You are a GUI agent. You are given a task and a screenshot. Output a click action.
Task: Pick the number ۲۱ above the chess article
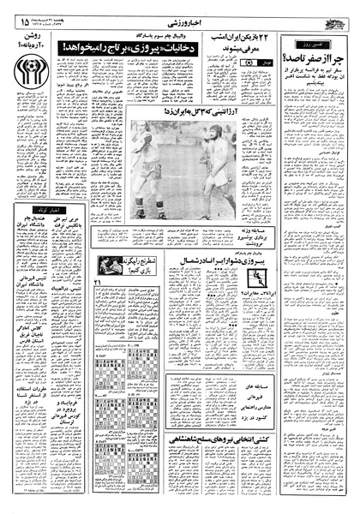tap(98, 284)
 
